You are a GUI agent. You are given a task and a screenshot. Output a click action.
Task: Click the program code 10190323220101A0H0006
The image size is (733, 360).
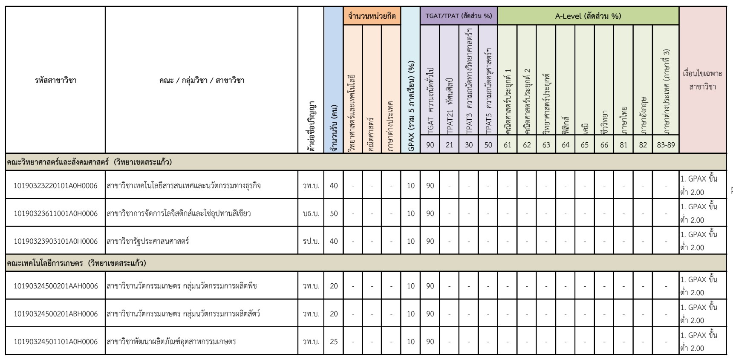click(x=56, y=186)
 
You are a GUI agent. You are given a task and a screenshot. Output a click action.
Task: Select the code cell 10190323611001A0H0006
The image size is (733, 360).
click(x=56, y=213)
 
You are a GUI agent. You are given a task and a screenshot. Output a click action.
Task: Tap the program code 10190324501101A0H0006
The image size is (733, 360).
click(x=56, y=342)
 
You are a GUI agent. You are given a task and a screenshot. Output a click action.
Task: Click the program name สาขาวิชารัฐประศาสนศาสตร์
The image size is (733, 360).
click(x=148, y=241)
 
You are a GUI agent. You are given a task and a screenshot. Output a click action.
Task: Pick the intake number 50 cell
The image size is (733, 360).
click(x=334, y=213)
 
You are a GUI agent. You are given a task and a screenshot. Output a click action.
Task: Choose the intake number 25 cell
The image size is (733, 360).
click(x=334, y=342)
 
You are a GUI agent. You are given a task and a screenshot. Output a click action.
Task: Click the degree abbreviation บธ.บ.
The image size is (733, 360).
click(x=311, y=213)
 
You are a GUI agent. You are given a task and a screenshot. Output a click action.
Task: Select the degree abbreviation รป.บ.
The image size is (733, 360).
click(x=311, y=241)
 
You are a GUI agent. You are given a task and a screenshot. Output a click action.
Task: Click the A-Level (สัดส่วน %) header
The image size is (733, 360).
click(x=588, y=16)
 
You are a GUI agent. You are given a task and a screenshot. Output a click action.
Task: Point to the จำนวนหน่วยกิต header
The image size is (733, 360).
click(x=372, y=16)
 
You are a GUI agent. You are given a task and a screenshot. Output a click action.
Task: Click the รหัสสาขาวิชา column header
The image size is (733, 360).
click(x=56, y=80)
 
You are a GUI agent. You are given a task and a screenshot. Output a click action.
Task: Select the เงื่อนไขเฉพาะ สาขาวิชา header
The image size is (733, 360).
click(x=703, y=80)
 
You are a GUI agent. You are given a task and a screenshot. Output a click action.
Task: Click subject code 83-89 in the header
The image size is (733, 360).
click(x=666, y=145)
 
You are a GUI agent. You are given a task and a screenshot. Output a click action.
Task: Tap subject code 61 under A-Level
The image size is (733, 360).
click(x=507, y=145)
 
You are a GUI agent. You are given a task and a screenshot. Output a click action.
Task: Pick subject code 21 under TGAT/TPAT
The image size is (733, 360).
click(x=449, y=145)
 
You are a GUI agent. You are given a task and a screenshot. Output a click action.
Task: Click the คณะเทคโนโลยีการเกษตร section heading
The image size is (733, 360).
click(x=76, y=263)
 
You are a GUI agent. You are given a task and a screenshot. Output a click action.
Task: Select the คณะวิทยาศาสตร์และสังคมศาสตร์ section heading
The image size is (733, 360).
click(x=89, y=162)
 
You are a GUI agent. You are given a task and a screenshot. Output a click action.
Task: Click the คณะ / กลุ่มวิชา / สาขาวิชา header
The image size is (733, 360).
click(x=202, y=80)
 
